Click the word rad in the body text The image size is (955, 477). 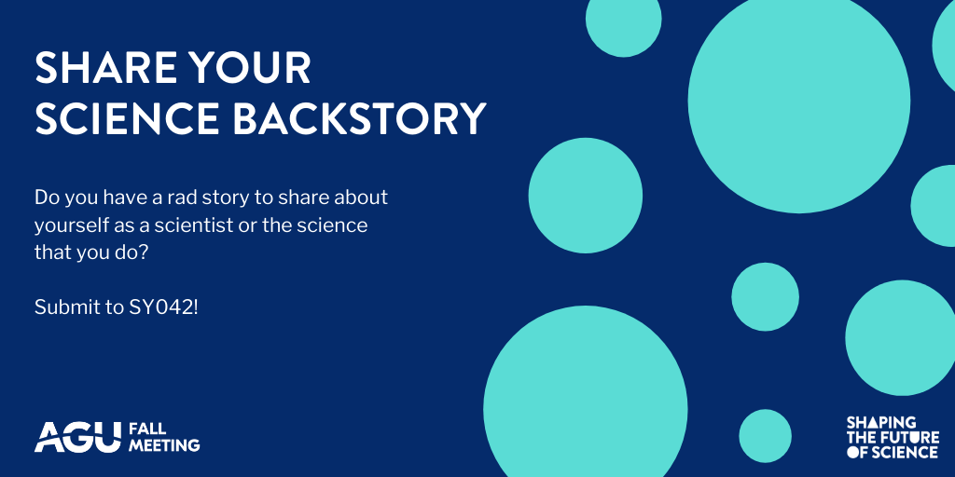coord(191,198)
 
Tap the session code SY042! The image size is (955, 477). coord(163,307)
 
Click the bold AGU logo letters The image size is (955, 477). coord(77,436)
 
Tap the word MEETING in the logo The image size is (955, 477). coord(164,445)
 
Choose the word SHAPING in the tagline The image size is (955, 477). coord(880,423)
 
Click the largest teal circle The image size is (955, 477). coord(798,101)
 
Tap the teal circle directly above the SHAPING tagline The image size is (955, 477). coord(900,337)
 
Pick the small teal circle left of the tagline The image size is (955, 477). coord(765,436)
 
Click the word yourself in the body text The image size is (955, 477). coord(69,225)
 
